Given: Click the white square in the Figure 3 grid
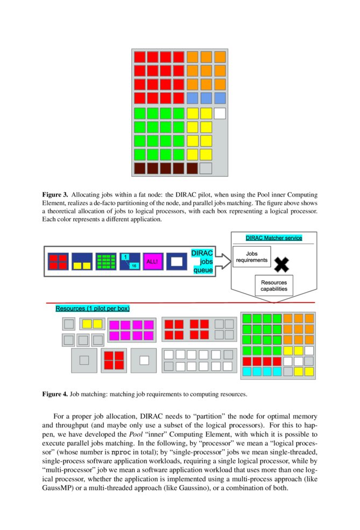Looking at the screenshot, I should click(x=220, y=114).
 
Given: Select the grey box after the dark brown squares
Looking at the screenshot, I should click(x=206, y=168).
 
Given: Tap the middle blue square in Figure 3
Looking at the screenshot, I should click(x=206, y=98).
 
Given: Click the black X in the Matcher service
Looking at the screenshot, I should click(x=281, y=264).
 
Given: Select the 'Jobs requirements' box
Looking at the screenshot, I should click(x=252, y=256).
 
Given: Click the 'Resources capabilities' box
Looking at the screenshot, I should click(x=274, y=285).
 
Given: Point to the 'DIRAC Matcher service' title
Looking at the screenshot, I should click(x=273, y=238).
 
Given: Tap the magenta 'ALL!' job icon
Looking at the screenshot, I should click(x=153, y=261).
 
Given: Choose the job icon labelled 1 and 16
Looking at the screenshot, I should click(x=130, y=261).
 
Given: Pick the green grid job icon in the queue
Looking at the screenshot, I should click(x=106, y=261).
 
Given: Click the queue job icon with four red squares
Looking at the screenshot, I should click(x=58, y=261).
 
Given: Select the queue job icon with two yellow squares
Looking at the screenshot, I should click(x=82, y=261).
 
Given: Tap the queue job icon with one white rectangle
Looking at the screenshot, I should click(x=177, y=261).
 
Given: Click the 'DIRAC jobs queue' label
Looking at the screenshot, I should click(x=202, y=261).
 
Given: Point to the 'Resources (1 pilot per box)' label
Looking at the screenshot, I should click(x=93, y=309).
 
